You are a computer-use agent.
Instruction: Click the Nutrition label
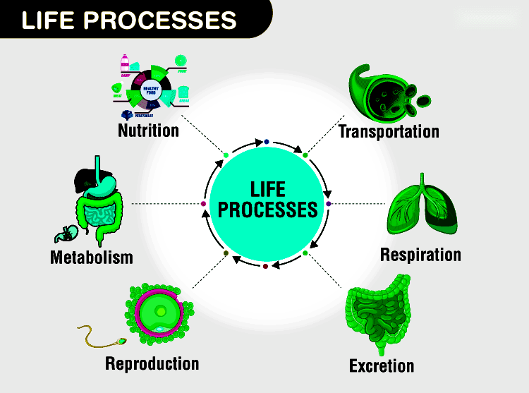148,131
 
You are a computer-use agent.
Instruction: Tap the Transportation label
389,131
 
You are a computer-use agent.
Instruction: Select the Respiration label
420,254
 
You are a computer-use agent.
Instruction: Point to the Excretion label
382,365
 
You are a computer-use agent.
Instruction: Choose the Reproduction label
152,363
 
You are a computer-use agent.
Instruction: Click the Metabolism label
92,257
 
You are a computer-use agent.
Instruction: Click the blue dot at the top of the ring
266,142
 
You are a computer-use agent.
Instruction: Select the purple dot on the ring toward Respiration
329,203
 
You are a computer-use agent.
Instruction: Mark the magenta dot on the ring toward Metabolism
204,204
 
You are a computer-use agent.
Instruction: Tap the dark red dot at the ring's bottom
265,266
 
